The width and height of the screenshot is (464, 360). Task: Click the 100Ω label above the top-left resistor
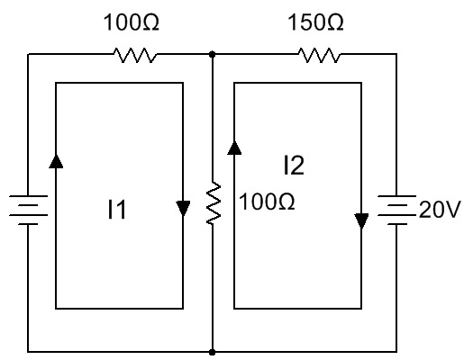click(x=132, y=22)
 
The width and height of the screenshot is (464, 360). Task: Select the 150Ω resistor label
click(x=315, y=22)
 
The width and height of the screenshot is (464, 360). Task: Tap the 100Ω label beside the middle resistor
click(x=267, y=202)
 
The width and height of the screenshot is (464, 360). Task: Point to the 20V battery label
click(x=439, y=210)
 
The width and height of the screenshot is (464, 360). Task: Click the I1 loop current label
click(x=117, y=210)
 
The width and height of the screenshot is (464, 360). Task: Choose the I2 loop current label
click(x=294, y=166)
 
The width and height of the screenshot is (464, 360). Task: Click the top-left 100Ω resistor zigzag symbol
click(x=135, y=55)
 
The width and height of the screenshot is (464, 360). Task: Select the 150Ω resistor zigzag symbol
click(x=320, y=55)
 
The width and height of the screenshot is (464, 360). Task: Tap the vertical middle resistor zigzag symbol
click(x=214, y=202)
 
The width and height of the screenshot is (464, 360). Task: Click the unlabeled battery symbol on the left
click(x=28, y=210)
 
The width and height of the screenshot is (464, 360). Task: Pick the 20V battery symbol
click(x=396, y=210)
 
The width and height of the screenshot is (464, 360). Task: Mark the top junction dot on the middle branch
click(x=212, y=54)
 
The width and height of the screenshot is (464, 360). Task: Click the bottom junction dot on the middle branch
click(x=212, y=352)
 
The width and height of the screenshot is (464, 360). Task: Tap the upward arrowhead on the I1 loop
click(x=56, y=161)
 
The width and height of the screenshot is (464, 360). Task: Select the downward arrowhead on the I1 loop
click(x=183, y=208)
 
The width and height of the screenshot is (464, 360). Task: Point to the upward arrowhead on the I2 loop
click(x=234, y=148)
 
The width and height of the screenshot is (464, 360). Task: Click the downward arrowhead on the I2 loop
click(x=361, y=221)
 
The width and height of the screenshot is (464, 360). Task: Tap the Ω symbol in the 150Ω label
click(x=335, y=23)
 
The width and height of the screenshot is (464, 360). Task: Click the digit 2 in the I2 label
click(x=297, y=166)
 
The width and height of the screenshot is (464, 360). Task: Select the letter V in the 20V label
click(x=452, y=210)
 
